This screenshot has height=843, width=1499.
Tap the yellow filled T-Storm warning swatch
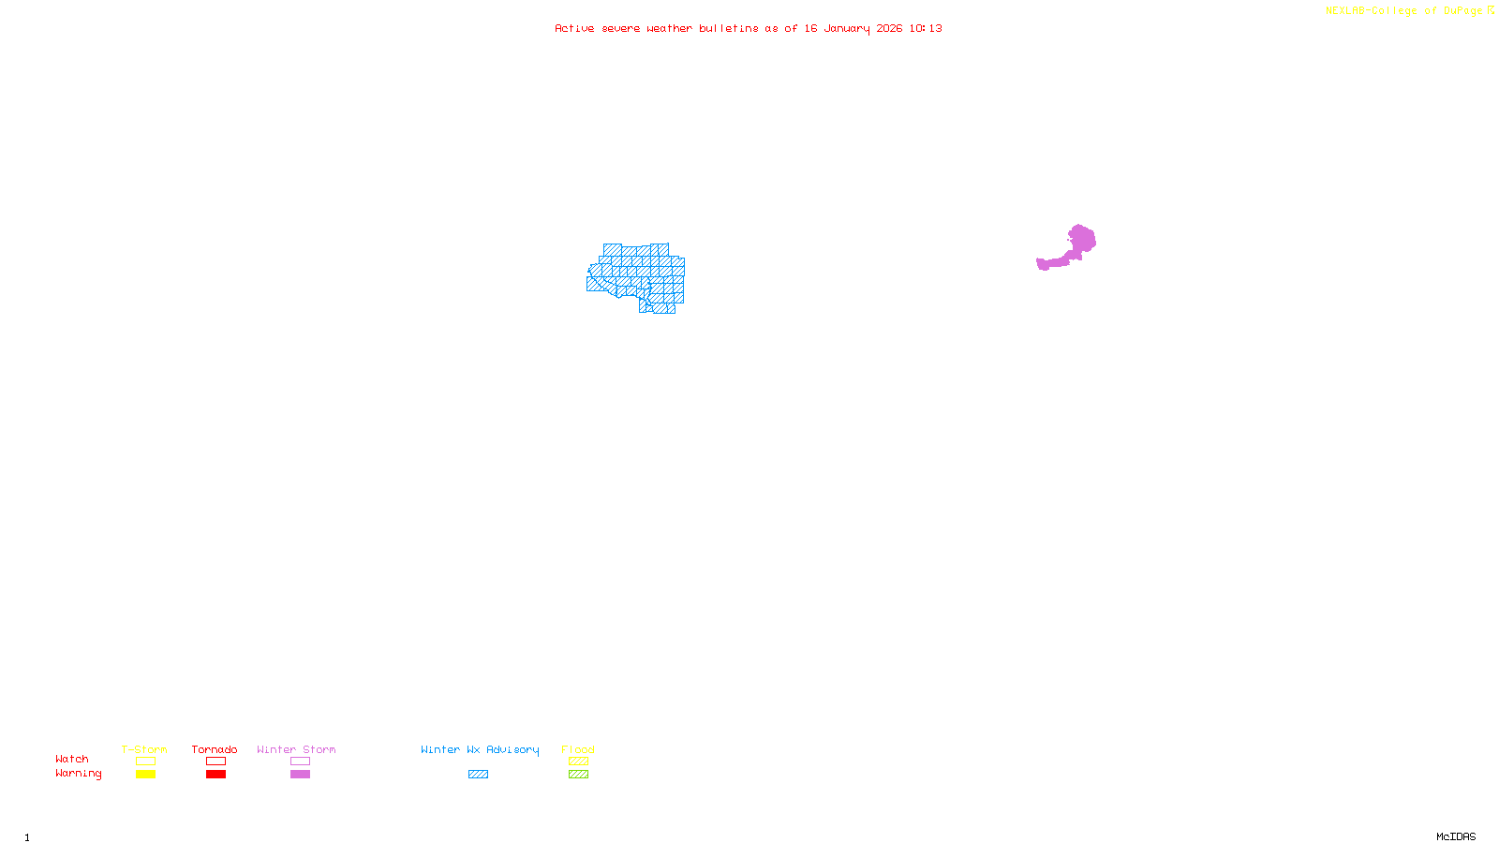[x=145, y=775]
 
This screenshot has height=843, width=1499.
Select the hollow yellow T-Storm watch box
[x=145, y=762]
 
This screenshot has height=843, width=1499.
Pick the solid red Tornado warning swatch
[x=215, y=775]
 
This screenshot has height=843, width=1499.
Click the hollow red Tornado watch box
[x=215, y=762]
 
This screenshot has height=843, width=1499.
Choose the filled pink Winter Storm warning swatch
[x=300, y=775]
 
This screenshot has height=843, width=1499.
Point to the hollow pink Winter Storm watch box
[x=300, y=762]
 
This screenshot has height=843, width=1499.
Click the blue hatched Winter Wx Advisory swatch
[x=478, y=775]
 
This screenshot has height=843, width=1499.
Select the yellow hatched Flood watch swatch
[x=578, y=762]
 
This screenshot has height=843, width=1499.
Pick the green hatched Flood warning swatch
[x=578, y=775]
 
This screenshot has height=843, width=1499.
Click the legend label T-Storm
[x=144, y=749]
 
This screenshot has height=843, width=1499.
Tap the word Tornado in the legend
[x=215, y=749]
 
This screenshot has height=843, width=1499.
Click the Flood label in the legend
[x=578, y=749]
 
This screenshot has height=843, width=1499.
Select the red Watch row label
[x=72, y=759]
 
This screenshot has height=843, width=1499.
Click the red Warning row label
[x=79, y=774]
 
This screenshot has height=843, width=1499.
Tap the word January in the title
[x=847, y=28]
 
